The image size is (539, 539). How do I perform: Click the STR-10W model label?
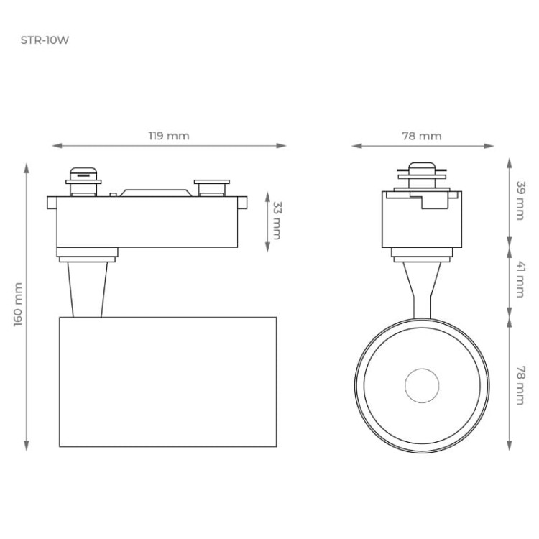45,40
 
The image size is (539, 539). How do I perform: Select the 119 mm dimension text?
169,136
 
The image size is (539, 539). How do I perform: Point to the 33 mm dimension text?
277,221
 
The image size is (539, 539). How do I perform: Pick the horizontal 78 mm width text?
421,136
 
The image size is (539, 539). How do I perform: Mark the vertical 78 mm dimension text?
520,385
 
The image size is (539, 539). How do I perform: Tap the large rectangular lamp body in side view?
167,381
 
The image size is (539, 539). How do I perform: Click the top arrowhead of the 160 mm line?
27,167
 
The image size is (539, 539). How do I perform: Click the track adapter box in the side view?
147,221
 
